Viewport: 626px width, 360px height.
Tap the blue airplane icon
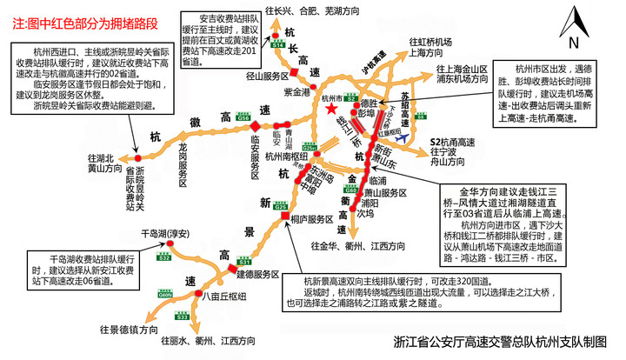(x=400, y=137)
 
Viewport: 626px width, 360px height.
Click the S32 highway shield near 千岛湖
(x=164, y=258)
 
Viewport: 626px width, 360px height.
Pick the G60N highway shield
(x=165, y=295)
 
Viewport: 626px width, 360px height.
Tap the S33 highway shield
(x=182, y=317)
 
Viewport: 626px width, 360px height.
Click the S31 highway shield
(x=244, y=261)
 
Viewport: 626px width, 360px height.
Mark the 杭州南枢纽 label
(x=288, y=157)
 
